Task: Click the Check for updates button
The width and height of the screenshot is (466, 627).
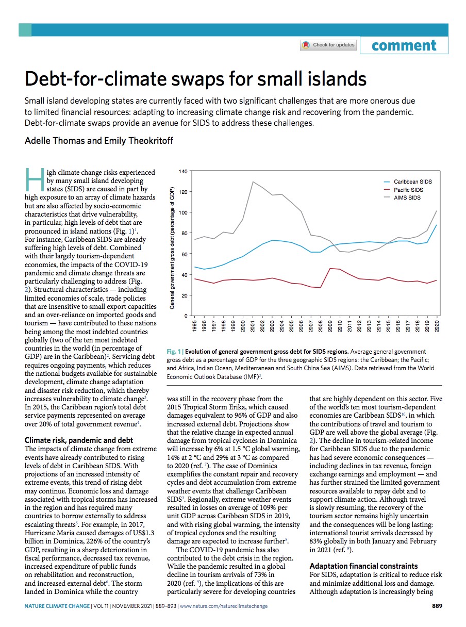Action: pyautogui.click(x=328, y=45)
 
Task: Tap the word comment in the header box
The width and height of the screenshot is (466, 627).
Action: pyautogui.click(x=404, y=45)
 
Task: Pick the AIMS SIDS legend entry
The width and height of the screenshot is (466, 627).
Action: pyautogui.click(x=402, y=197)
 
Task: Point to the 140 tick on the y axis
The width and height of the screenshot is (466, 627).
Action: pyautogui.click(x=183, y=171)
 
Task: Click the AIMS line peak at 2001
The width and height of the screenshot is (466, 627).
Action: pyautogui.click(x=253, y=182)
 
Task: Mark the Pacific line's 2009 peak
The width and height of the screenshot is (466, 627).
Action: pyautogui.click(x=330, y=268)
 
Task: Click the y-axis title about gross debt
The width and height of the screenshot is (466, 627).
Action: pyautogui.click(x=172, y=248)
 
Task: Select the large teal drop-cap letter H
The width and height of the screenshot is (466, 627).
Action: pyautogui.click(x=35, y=179)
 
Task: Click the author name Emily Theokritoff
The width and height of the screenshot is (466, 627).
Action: pyautogui.click(x=139, y=140)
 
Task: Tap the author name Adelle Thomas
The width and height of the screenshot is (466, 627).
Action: pyautogui.click(x=54, y=140)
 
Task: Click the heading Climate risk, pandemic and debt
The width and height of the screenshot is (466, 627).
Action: pyautogui.click(x=78, y=440)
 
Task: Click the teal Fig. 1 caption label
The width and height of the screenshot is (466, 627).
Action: pyautogui.click(x=174, y=351)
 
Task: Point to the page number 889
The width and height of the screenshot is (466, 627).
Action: pyautogui.click(x=437, y=606)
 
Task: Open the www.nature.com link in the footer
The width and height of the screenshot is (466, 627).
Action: pyautogui.click(x=224, y=606)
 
